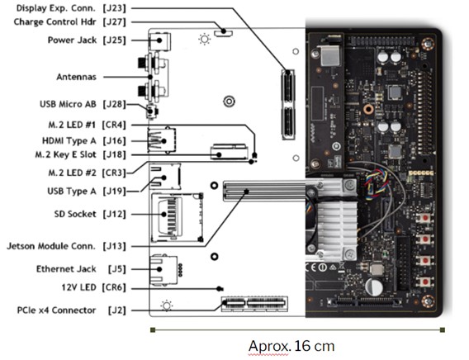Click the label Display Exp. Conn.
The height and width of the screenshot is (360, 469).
coord(55,8)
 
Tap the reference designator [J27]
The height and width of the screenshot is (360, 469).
coord(114,22)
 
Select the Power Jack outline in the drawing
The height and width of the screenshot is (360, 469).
coord(159,41)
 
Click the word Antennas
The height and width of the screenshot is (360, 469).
coord(77,77)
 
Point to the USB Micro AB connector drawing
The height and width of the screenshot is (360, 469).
coord(152,111)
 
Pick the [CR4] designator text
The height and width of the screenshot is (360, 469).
coord(114,125)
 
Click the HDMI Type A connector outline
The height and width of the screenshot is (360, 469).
coord(162,140)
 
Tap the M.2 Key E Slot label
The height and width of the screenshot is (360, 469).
coord(65,154)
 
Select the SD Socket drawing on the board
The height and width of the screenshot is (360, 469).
coord(177,217)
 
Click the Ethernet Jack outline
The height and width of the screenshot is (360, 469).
coord(163,270)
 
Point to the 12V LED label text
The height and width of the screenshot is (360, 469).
coord(78,287)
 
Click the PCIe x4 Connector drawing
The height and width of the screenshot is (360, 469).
coord(254,304)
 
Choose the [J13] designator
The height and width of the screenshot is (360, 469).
coord(114,246)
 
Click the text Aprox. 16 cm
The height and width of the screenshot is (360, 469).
coord(291,346)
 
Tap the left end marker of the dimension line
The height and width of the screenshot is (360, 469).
coord(153,330)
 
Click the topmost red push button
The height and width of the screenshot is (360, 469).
coord(425,218)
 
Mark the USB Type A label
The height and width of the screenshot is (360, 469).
coord(72,191)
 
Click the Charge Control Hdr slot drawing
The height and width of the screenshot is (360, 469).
coord(224,32)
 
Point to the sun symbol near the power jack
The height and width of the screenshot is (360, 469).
coord(205,39)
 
